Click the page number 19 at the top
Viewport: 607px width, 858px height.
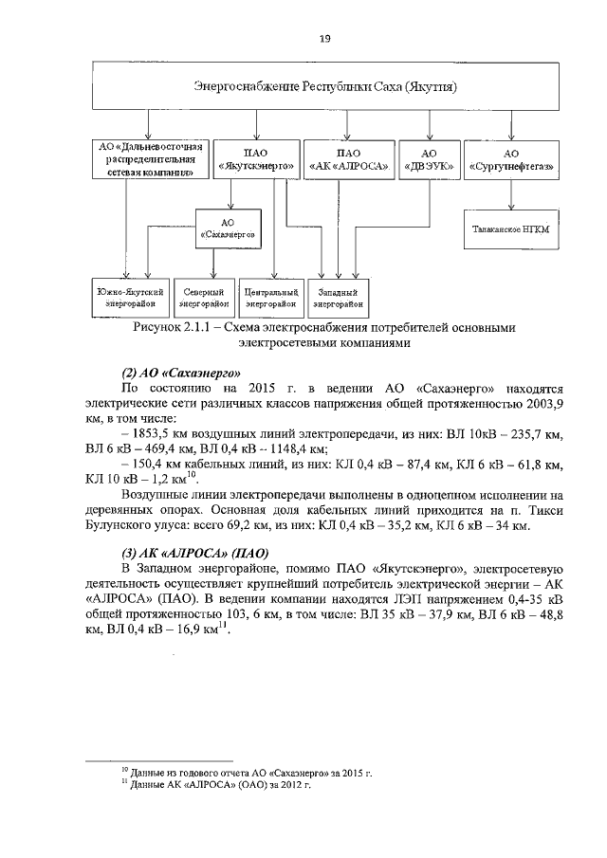coord(325,38)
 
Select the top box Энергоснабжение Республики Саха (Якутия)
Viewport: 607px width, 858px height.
coord(325,86)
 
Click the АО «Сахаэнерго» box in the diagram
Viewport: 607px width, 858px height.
coord(233,228)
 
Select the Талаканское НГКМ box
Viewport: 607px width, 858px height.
coord(512,229)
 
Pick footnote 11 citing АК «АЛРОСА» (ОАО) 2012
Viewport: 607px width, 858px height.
coord(219,785)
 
